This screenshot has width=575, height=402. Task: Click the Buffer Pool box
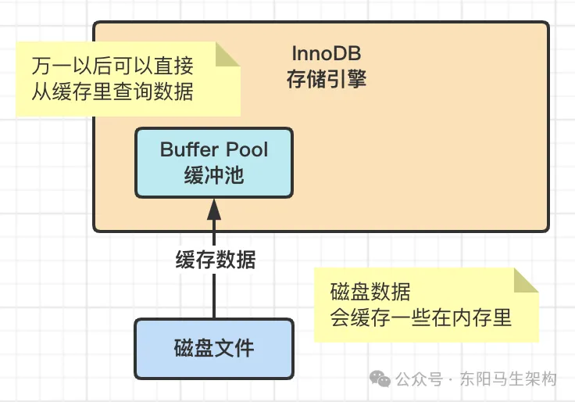pyautogui.click(x=214, y=162)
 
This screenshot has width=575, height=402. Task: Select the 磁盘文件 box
pyautogui.click(x=214, y=347)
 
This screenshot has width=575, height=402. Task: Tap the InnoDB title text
pyautogui.click(x=326, y=56)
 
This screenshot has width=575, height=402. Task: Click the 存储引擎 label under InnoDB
pyautogui.click(x=326, y=79)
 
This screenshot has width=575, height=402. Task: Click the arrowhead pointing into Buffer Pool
pyautogui.click(x=214, y=208)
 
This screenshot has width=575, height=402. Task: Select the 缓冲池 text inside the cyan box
pyautogui.click(x=214, y=175)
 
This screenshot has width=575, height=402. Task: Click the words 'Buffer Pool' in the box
pyautogui.click(x=214, y=149)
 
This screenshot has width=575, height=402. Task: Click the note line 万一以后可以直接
pyautogui.click(x=112, y=66)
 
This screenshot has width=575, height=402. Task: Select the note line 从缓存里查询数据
pyautogui.click(x=112, y=92)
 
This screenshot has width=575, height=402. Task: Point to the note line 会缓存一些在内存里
pyautogui.click(x=422, y=318)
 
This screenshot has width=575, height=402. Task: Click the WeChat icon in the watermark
pyautogui.click(x=381, y=379)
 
